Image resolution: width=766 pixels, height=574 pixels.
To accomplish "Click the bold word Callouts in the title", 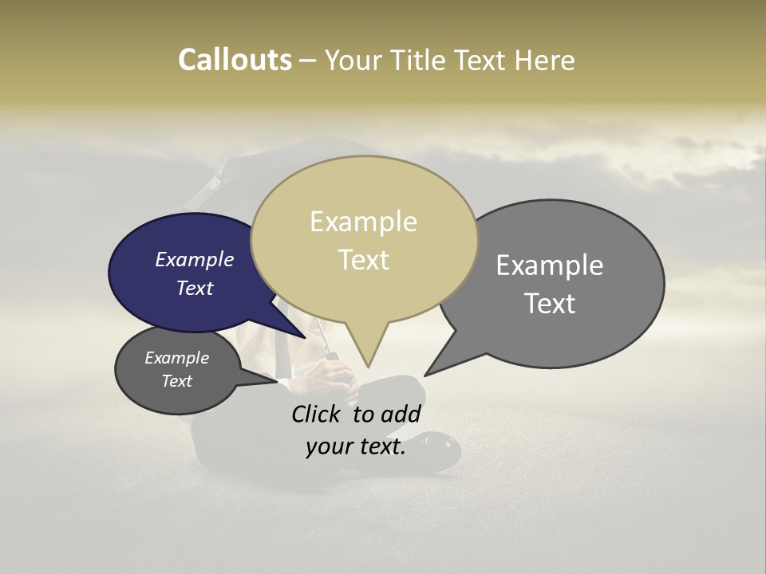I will coord(235,60).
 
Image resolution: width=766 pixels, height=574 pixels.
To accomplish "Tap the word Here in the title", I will coord(543,61).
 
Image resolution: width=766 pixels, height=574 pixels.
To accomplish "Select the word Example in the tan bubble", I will coord(363,222).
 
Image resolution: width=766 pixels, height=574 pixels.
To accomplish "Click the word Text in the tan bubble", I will coord(364,260).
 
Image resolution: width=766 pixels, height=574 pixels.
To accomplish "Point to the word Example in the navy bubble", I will coord(194,260).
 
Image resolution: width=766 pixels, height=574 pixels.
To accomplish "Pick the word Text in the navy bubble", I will coord(195,289).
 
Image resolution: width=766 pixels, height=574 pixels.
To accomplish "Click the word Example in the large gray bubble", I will coord(550,265).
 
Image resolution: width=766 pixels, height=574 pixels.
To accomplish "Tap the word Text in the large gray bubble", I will coord(550,304).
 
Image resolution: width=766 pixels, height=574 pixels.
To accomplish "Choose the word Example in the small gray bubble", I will coord(176,359).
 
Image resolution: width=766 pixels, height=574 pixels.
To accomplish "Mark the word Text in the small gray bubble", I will coord(176,381).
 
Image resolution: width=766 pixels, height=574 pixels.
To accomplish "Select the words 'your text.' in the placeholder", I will coord(355,447).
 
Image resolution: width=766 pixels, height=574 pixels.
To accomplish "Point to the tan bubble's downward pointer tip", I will coord(368,367).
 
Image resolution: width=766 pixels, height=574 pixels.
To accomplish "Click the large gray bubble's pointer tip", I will coord(425,375).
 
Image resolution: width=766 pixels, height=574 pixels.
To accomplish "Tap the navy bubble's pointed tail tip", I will coord(306,337).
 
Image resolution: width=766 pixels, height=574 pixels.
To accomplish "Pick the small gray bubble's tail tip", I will coord(277,381).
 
